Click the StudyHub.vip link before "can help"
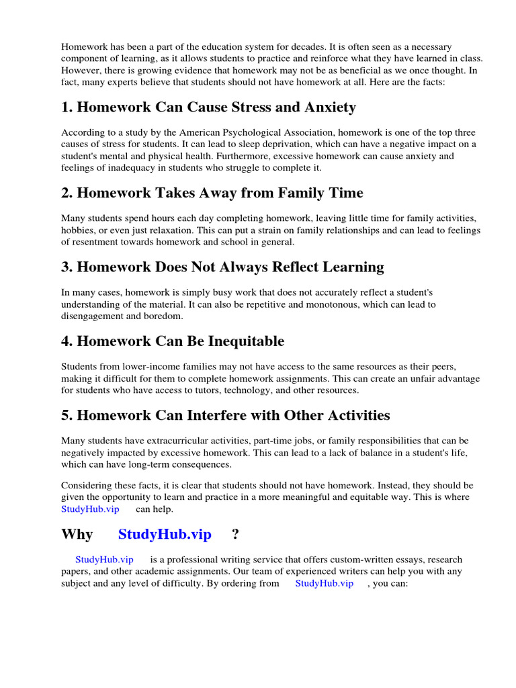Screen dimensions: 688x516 click(x=90, y=509)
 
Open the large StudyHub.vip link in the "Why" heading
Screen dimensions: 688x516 click(x=165, y=535)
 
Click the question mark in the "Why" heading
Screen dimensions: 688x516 click(x=235, y=535)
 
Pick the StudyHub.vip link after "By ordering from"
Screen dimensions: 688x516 click(x=324, y=583)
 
